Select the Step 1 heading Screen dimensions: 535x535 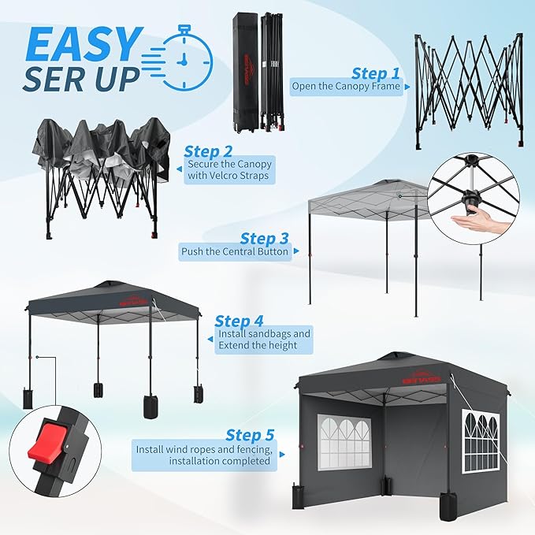coord(375,73)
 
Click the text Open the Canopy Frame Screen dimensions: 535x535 coord(346,86)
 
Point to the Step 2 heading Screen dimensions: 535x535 coord(208,151)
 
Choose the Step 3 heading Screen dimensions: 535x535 coord(265,239)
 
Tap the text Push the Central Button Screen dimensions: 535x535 coord(235,252)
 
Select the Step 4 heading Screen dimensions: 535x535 coord(239,321)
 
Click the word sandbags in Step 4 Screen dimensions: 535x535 coord(269,333)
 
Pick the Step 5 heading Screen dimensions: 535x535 coord(250,435)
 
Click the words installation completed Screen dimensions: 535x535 coord(220,461)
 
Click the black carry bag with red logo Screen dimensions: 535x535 coord(246,72)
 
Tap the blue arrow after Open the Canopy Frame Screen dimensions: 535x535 coord(407,87)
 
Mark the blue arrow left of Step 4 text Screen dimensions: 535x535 coord(210,339)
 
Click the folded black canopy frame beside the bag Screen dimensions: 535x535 coord(273,72)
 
